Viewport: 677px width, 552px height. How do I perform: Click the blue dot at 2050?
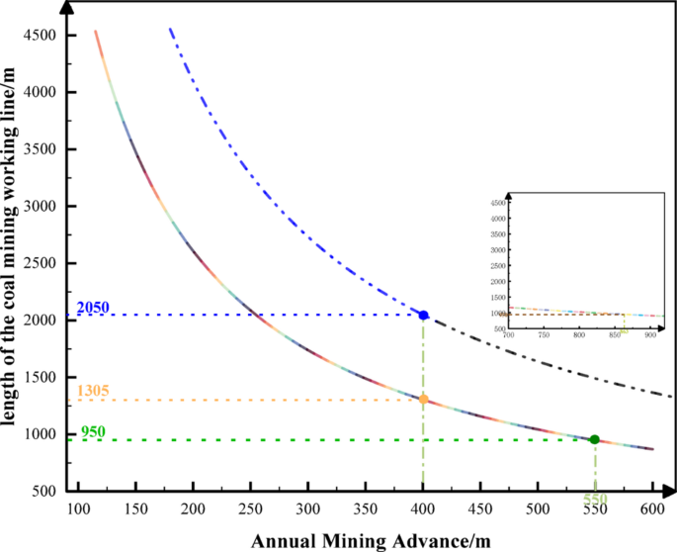pos(424,315)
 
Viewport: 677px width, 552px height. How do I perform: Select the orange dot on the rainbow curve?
pos(424,400)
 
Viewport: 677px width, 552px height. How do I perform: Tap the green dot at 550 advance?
pos(594,439)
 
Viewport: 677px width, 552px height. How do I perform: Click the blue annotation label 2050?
pos(92,308)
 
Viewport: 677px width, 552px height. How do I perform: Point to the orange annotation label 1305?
pos(92,392)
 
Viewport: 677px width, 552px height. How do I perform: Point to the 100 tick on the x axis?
pos(78,508)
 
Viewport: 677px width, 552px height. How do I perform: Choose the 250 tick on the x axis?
pos(251,508)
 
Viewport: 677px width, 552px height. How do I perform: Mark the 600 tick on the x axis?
pos(651,508)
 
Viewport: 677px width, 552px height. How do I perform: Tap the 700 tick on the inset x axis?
pos(509,336)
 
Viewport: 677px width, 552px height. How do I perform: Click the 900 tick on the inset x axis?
pos(649,336)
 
